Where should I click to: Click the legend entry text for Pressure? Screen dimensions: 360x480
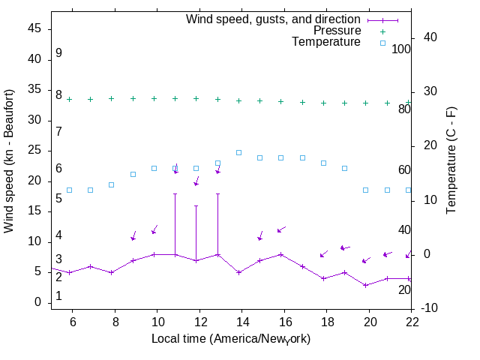[x=337, y=31]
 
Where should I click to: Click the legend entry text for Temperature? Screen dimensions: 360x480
[x=326, y=43]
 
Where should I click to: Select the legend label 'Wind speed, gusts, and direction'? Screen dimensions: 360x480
[x=273, y=19]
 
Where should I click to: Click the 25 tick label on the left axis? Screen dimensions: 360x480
[x=34, y=151]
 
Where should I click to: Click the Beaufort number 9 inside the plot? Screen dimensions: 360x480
[x=58, y=54]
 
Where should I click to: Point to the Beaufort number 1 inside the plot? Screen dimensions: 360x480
[x=58, y=296]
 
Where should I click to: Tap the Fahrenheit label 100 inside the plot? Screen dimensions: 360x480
[x=401, y=49]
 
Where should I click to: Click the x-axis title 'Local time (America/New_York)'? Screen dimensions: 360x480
[x=231, y=339]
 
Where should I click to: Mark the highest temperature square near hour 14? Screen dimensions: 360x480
[x=239, y=152]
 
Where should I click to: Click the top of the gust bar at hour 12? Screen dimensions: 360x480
[x=196, y=205]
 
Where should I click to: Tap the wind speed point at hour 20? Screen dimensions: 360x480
[x=366, y=285]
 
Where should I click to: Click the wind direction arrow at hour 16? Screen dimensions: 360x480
[x=281, y=229]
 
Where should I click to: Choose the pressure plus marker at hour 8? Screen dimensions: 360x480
[x=112, y=98]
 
